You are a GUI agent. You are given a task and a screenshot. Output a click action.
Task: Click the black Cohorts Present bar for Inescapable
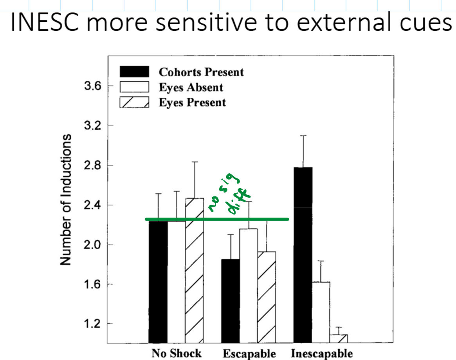coord(303,254)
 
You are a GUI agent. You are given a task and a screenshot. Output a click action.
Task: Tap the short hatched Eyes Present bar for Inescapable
coord(339,338)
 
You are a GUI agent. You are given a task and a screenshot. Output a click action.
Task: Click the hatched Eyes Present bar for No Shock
coord(195,270)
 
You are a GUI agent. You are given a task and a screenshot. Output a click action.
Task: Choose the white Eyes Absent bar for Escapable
coord(249,286)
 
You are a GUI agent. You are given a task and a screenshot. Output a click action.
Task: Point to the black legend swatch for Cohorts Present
coord(134,72)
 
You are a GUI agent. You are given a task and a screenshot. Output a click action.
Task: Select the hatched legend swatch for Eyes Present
coord(134,102)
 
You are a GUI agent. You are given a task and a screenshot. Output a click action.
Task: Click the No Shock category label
coord(177,353)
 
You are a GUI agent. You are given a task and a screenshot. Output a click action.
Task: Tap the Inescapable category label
coord(322,353)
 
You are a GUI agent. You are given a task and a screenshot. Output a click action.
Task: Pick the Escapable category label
coord(249,353)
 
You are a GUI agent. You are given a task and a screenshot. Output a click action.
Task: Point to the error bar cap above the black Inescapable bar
coord(303,135)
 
